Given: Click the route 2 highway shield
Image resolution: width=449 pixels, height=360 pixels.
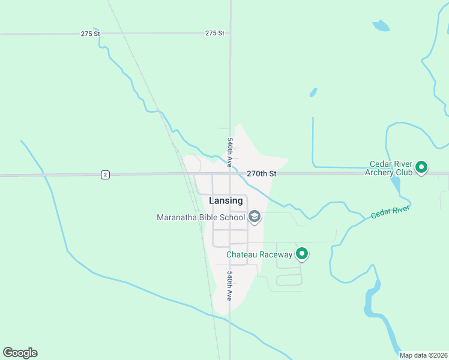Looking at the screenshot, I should [x=106, y=175].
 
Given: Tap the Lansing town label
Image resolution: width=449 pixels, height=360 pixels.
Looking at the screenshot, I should [x=226, y=200].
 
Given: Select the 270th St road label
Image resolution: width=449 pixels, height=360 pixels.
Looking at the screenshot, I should [x=261, y=173].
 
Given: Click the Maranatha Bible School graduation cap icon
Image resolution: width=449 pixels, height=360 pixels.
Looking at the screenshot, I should [x=255, y=217].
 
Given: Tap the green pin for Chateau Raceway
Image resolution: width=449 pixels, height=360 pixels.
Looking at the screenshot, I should [x=303, y=254].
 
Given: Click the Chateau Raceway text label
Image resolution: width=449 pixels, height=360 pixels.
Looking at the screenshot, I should [x=259, y=254].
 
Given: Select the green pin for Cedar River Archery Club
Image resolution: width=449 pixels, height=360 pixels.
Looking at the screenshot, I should [x=421, y=167].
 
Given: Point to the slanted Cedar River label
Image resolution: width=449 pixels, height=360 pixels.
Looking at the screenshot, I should [x=390, y=211].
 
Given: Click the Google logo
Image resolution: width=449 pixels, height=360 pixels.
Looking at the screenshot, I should [x=20, y=353].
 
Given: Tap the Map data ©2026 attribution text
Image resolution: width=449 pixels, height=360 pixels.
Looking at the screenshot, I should [x=423, y=355].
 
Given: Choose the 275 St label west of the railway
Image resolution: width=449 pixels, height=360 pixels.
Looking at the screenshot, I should [x=90, y=34].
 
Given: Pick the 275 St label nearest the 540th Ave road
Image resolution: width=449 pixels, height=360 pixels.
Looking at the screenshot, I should [x=214, y=33].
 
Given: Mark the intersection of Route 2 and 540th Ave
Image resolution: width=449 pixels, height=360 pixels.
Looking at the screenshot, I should [x=230, y=175].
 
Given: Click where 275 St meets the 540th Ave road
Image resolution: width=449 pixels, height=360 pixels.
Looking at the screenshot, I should [x=231, y=34].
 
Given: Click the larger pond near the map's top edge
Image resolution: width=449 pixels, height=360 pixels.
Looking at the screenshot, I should [x=381, y=26].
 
